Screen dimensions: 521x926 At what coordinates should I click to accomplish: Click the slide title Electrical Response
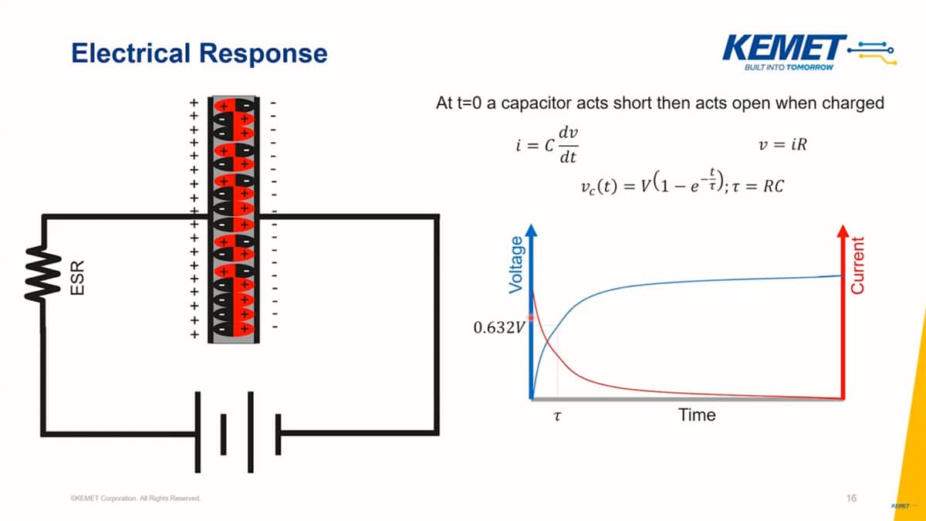coord(199,53)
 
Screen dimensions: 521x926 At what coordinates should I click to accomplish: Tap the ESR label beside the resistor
coord(77,277)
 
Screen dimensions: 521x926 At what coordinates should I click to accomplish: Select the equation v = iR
coord(783,145)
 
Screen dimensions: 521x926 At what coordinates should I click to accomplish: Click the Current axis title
coord(857,265)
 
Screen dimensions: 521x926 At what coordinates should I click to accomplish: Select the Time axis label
coord(697,415)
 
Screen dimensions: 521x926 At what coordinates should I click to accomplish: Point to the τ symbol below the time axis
coord(557,416)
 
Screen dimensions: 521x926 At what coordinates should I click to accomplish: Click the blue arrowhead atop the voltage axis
coord(531,229)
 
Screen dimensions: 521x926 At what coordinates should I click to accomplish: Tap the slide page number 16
coord(850,498)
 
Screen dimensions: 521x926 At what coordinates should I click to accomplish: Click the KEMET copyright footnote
coord(135,499)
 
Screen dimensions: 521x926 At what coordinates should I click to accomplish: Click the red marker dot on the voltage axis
coord(531,318)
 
